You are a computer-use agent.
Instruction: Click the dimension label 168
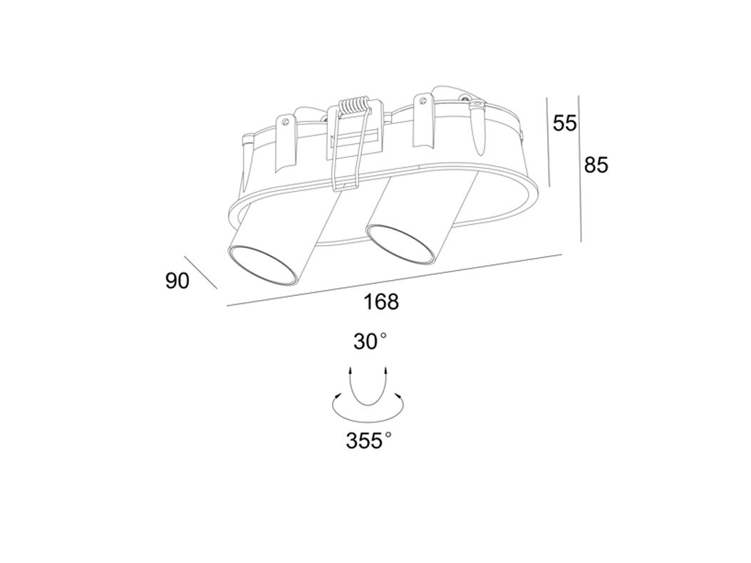(381, 302)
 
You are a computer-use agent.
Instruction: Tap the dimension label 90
(177, 281)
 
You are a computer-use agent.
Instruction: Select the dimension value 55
(565, 123)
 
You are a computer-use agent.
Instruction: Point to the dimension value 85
(596, 165)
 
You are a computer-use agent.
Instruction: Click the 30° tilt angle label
(370, 342)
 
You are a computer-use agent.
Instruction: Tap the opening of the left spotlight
(261, 265)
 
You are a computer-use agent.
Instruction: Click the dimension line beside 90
(201, 272)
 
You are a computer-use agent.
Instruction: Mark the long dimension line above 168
(394, 280)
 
